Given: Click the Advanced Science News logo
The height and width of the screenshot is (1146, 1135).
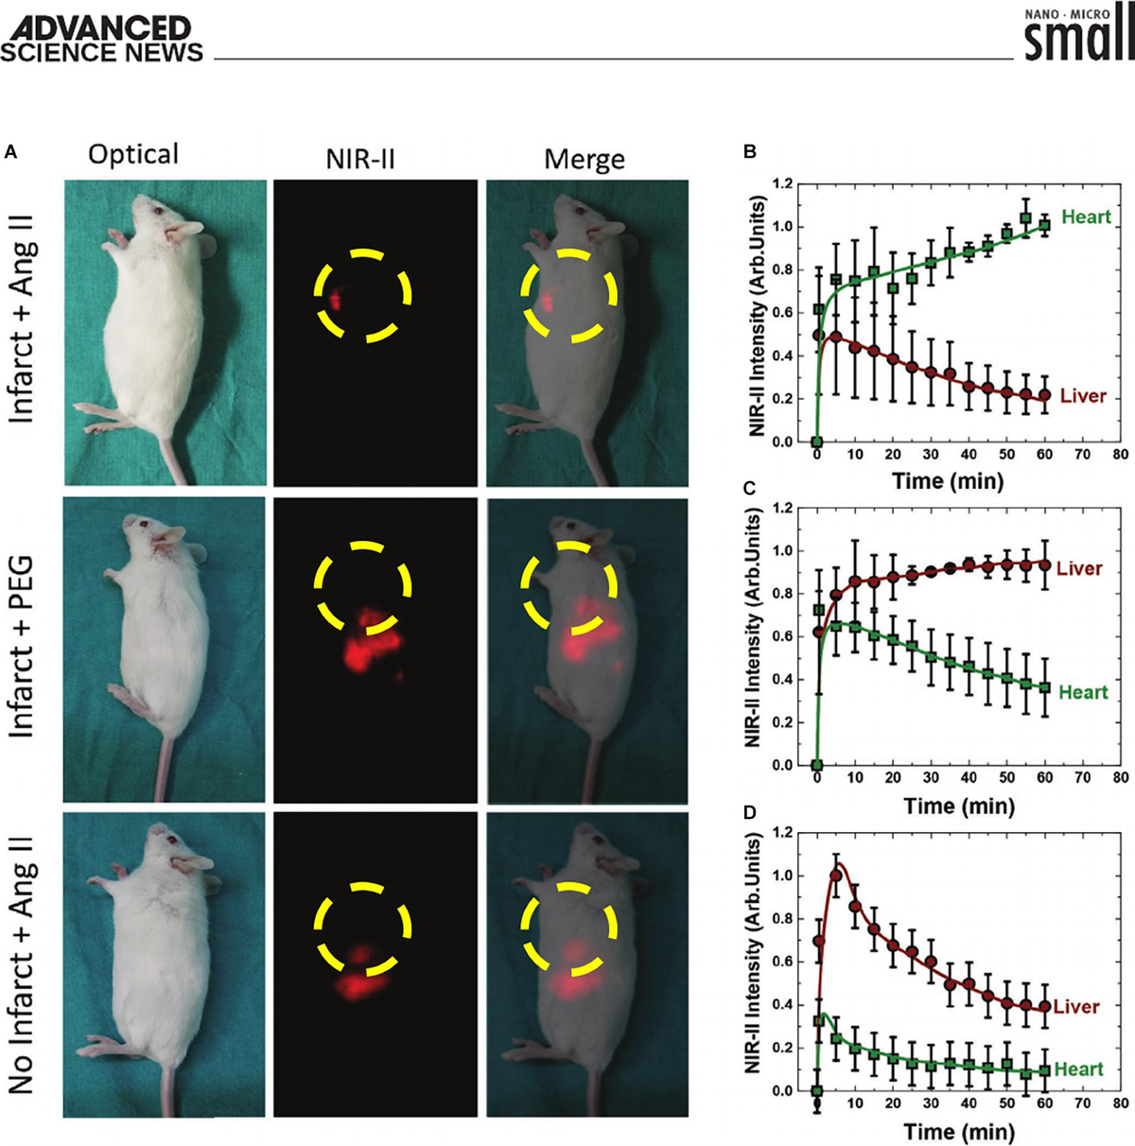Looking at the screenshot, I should [102, 39].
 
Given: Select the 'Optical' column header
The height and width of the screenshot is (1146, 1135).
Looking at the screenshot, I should [133, 155].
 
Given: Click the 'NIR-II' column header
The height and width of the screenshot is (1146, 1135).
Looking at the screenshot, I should [359, 158].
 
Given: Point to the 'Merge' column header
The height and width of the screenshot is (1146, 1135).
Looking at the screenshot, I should [584, 159].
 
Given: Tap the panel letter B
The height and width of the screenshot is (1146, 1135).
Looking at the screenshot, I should [749, 151].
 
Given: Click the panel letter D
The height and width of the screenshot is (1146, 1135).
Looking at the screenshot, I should [749, 813].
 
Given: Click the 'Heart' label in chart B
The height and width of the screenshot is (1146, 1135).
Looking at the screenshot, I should [1086, 217].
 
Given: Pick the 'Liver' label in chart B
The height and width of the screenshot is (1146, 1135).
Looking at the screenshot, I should [1083, 396].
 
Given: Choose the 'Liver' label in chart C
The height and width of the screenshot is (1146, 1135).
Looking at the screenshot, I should [1079, 568].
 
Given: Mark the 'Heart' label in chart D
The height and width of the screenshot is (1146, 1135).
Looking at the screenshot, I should [1078, 1069].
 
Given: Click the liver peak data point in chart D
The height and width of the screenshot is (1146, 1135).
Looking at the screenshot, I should [836, 876].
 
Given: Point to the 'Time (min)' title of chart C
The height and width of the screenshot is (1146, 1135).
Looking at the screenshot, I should [959, 806].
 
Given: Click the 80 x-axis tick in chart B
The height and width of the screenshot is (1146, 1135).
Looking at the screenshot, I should [1120, 455].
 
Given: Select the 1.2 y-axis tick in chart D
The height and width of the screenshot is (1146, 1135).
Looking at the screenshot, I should [781, 833].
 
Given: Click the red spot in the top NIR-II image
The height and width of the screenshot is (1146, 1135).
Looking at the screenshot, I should [335, 300].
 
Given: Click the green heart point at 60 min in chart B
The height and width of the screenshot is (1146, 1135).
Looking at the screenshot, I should [1044, 225].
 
